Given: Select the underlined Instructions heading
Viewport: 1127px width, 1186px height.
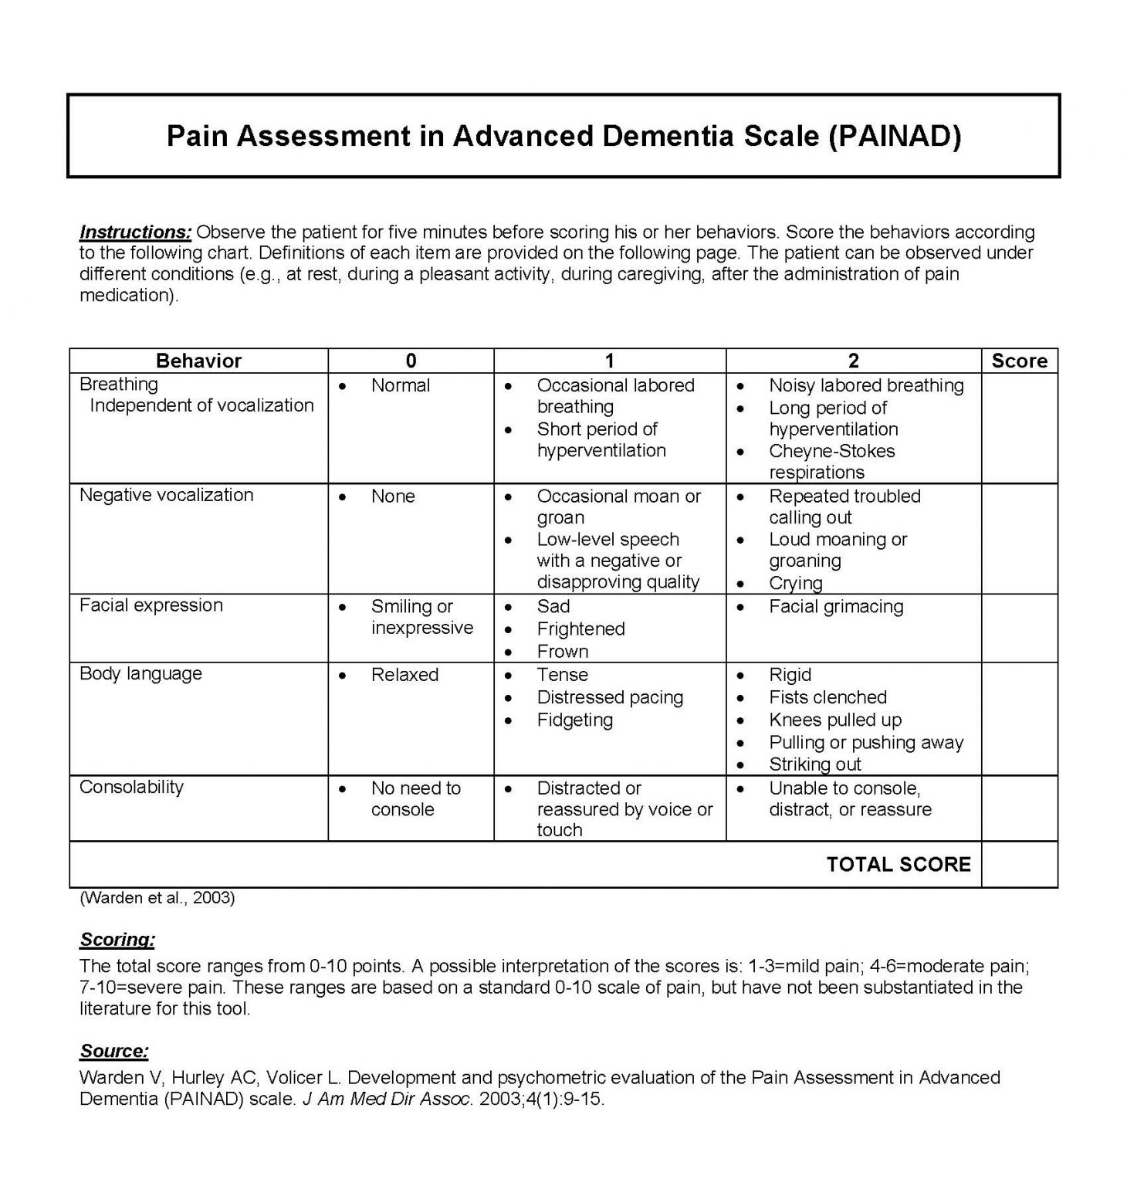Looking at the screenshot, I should coord(135,232).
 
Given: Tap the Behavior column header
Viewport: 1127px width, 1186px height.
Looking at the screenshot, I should coord(198,361).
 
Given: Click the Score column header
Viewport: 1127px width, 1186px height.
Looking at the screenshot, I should coord(1019,361).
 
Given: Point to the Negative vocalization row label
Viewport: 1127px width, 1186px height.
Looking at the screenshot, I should coord(166,495).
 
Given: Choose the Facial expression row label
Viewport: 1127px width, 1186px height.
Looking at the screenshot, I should coord(151,605).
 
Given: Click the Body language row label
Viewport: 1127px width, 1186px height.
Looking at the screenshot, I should coord(140,673).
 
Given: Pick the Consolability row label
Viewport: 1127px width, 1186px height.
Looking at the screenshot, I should coord(131,787).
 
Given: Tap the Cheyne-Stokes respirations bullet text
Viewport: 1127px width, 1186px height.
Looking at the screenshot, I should coord(831,461).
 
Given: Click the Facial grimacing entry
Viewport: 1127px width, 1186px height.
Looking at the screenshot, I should coord(835,606).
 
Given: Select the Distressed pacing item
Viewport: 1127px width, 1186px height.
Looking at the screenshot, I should coord(610,697).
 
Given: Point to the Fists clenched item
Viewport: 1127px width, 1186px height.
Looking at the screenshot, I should coord(827,697).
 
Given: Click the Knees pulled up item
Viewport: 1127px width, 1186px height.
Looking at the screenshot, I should coord(835,720).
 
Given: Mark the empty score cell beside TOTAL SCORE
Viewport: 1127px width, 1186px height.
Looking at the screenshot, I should coord(1019,864).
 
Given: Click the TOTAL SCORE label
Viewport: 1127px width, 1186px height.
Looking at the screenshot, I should coord(899,864).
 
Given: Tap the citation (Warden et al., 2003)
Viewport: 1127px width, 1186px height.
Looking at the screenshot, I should coord(157,897).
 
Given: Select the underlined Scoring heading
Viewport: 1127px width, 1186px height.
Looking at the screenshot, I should coord(117,940).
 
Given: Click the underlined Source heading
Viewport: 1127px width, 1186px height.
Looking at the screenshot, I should coord(114,1051).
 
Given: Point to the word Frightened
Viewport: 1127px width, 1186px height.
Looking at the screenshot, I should coord(580,629).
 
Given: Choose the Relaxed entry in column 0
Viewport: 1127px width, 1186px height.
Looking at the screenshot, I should coord(404,675).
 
